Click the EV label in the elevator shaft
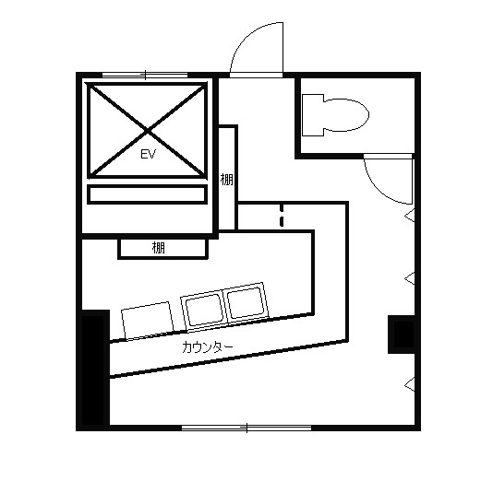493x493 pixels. [x=148, y=155]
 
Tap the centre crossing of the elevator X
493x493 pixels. [x=148, y=130]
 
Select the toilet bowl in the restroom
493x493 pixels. [x=346, y=115]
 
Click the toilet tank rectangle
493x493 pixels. [x=313, y=115]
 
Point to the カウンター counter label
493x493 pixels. [x=208, y=347]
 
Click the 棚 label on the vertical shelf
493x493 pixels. [x=227, y=180]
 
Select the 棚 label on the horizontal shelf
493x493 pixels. [x=159, y=248]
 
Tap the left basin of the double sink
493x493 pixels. [x=203, y=310]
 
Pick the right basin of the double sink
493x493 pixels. [x=246, y=303]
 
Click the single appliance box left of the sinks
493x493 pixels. [x=148, y=321]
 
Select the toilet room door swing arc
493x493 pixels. [x=380, y=190]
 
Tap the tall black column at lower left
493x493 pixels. [x=93, y=370]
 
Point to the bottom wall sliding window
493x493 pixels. [x=246, y=428]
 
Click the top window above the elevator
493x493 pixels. [x=145, y=76]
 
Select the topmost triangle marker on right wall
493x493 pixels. [x=410, y=216]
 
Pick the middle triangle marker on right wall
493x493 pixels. [x=410, y=278]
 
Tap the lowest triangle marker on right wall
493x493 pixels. [x=410, y=384]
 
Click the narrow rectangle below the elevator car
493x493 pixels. [x=147, y=194]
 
